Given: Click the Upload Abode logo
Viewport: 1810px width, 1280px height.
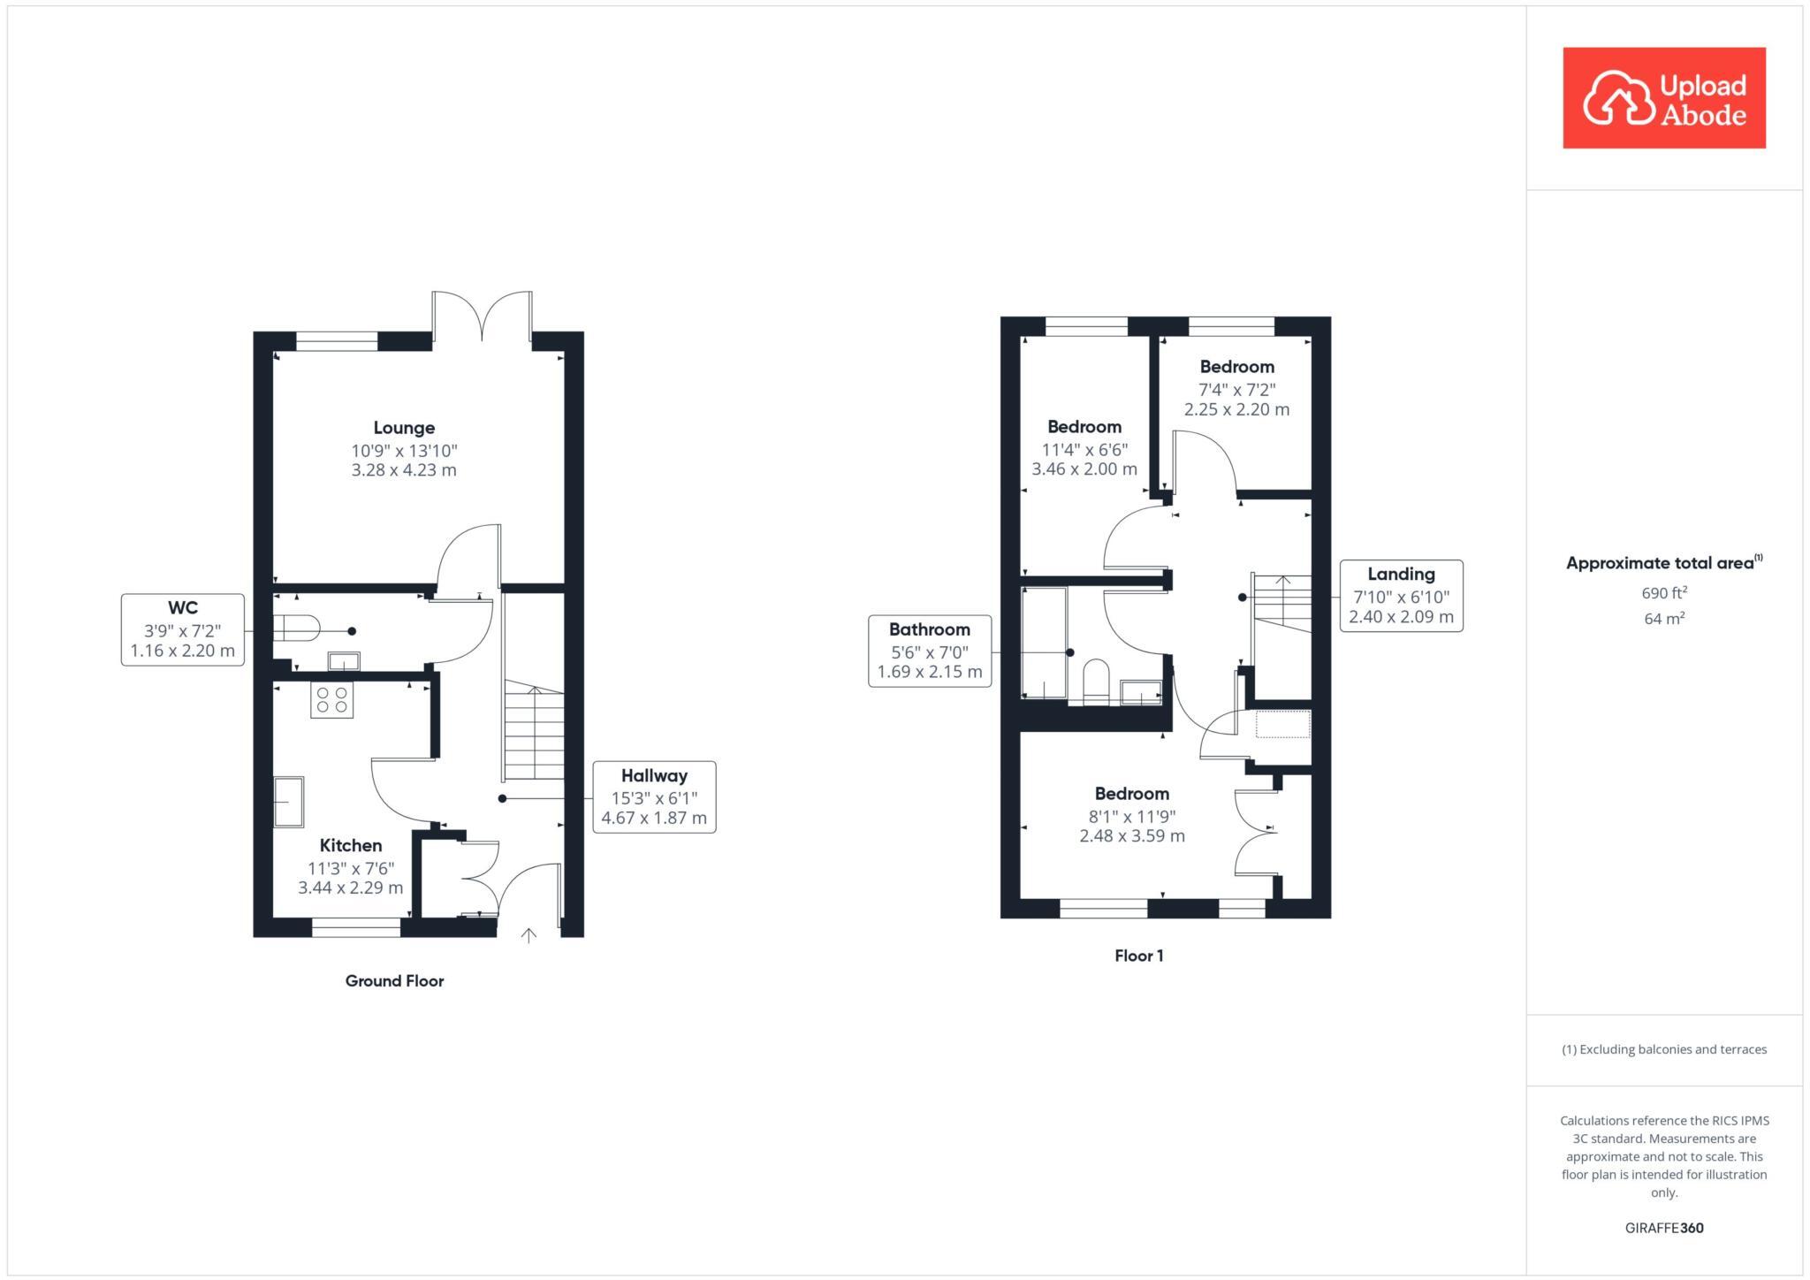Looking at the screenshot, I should pyautogui.click(x=1663, y=98).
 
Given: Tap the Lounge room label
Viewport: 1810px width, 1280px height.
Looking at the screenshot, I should pyautogui.click(x=404, y=428).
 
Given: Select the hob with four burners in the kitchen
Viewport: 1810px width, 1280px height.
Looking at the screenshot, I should pyautogui.click(x=331, y=699).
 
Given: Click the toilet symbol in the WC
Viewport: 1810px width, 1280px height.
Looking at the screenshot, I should pyautogui.click(x=296, y=628).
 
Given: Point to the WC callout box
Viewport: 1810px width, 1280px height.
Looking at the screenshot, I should pyautogui.click(x=182, y=629).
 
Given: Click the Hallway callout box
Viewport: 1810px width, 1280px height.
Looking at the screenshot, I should pyautogui.click(x=654, y=796).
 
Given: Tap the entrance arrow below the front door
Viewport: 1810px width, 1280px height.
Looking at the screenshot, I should pyautogui.click(x=529, y=935).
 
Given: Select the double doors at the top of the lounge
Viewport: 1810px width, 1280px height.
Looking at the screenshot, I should pyautogui.click(x=482, y=316).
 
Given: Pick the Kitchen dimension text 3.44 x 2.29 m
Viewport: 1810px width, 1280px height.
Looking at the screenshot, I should pyautogui.click(x=350, y=888).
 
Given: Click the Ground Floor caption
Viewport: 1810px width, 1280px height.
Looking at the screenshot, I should pyautogui.click(x=394, y=980).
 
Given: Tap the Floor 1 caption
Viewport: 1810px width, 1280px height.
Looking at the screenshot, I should pyautogui.click(x=1138, y=956).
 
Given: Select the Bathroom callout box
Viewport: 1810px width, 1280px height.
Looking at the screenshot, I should pyautogui.click(x=929, y=651).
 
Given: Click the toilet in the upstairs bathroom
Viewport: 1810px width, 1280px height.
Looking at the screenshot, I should pyautogui.click(x=1096, y=681).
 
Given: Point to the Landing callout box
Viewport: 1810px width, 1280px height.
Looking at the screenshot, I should pyautogui.click(x=1401, y=595).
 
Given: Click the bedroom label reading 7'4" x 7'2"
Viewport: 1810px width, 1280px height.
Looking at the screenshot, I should pyautogui.click(x=1236, y=389).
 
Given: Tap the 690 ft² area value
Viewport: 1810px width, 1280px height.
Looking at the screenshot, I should pyautogui.click(x=1664, y=593).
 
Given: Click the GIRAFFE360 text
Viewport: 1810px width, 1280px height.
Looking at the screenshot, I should pyautogui.click(x=1664, y=1228).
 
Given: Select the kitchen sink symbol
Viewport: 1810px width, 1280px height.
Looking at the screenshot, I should pyautogui.click(x=288, y=801).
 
